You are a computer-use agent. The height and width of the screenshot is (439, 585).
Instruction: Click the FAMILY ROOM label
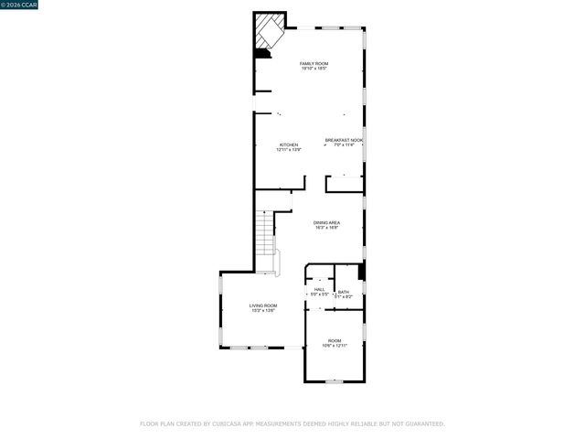314,63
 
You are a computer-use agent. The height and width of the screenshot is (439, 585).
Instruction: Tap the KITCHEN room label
289,145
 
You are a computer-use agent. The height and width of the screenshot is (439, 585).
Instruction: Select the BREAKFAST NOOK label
344,140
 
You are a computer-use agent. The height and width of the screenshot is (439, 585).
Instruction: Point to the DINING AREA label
327,222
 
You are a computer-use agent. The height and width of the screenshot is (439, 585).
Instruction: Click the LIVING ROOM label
263,305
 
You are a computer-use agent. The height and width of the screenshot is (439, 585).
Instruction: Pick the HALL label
320,289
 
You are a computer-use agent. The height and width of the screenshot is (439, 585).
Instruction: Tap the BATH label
343,292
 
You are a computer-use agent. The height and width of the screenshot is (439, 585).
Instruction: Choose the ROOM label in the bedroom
335,340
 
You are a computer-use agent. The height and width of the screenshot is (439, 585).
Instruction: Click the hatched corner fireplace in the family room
269,31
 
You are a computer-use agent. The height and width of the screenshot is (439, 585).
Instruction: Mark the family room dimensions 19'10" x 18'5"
314,69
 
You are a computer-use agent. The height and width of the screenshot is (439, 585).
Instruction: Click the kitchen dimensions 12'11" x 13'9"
289,149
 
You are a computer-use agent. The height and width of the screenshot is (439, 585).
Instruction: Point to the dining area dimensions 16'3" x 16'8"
327,228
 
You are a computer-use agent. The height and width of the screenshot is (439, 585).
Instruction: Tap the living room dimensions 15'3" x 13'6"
263,311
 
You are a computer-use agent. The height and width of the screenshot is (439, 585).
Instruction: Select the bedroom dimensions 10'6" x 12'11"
335,346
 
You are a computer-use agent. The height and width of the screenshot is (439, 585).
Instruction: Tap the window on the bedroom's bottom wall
335,380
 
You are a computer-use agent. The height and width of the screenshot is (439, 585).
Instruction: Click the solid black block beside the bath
362,272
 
